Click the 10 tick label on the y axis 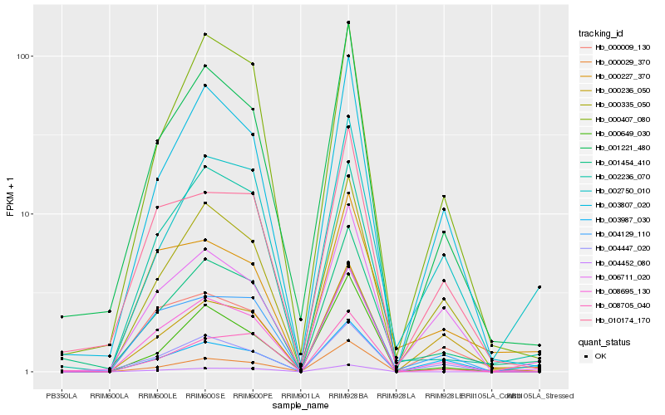pyautogui.click(x=26, y=214)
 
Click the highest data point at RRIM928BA pyautogui.click(x=348, y=22)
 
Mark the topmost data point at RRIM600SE pyautogui.click(x=204, y=35)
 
